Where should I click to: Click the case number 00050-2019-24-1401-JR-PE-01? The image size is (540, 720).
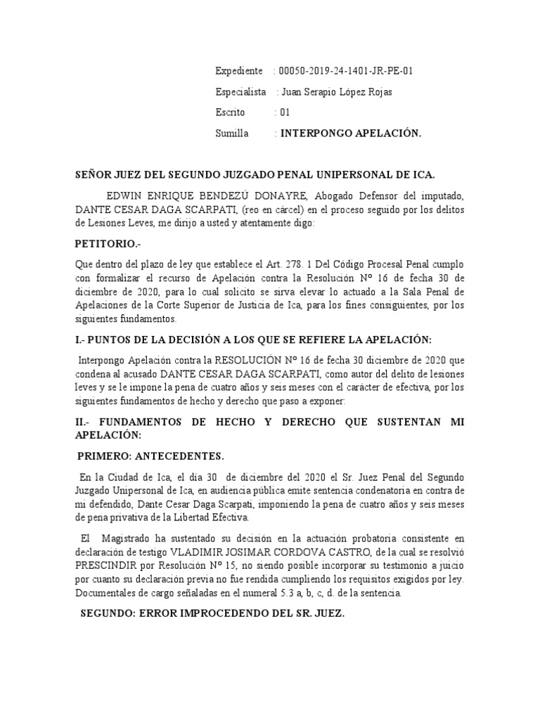(x=351, y=71)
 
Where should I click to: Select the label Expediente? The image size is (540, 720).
(x=239, y=71)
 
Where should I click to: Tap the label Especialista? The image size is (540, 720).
(x=240, y=92)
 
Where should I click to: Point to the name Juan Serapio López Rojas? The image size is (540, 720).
(x=336, y=92)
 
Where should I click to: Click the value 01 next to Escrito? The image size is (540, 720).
(x=285, y=112)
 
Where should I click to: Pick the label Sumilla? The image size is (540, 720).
(x=232, y=133)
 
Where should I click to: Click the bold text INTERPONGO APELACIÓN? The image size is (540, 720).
(x=351, y=133)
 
